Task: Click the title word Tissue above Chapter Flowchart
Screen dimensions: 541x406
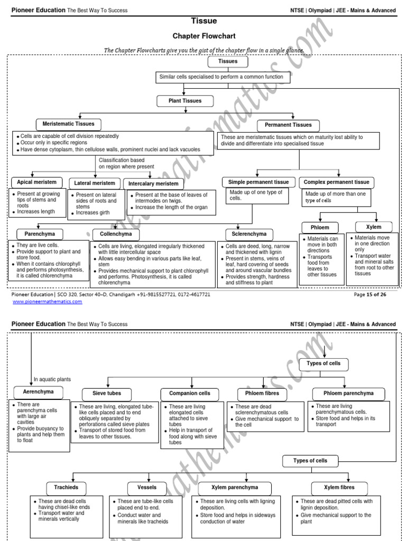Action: click(x=204, y=21)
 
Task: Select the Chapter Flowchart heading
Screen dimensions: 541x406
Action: click(x=204, y=36)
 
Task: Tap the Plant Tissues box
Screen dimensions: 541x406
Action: click(x=179, y=100)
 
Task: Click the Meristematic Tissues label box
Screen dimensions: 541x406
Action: click(x=68, y=124)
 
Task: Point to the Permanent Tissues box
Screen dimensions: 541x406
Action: click(x=288, y=125)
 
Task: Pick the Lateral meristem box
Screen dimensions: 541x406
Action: click(x=95, y=183)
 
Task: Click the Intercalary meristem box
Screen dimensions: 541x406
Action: click(x=154, y=184)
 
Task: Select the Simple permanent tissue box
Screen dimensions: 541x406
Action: click(x=259, y=182)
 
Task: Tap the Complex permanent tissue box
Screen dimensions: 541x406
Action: click(x=337, y=182)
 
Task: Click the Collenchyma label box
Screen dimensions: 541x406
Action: click(x=116, y=234)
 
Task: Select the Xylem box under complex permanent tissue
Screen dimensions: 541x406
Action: click(x=373, y=227)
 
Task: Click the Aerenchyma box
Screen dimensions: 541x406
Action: click(x=38, y=392)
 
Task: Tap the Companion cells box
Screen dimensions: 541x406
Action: click(x=189, y=394)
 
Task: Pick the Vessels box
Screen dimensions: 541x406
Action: click(x=147, y=488)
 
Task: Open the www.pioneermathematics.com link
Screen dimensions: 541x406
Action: click(x=47, y=302)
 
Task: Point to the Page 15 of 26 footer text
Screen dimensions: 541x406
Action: click(x=370, y=294)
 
